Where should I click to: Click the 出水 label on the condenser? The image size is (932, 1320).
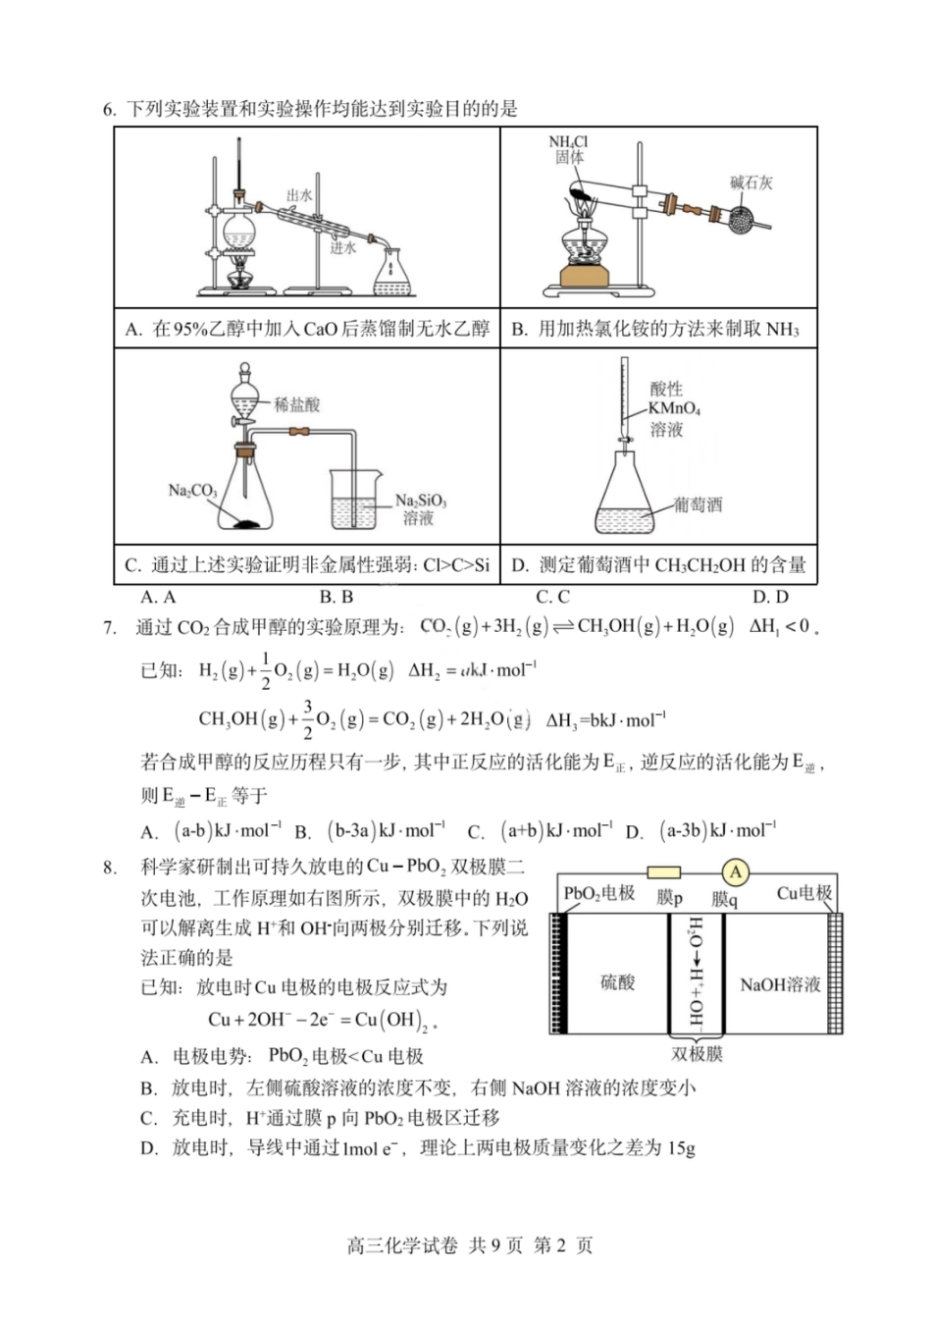coord(299,195)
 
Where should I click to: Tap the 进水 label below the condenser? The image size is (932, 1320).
coord(342,248)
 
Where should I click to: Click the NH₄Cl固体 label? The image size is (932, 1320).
coord(568,149)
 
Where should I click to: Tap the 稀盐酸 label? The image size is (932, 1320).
coord(297,404)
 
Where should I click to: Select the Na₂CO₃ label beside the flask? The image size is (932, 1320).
coord(192,490)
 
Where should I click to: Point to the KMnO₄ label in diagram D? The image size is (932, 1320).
coord(674,408)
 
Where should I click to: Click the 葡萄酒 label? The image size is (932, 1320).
coord(698,504)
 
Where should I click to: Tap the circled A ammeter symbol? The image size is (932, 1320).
coord(735,871)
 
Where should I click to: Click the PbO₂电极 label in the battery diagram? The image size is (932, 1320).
coord(598,893)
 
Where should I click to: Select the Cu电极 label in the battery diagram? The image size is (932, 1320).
coord(803,893)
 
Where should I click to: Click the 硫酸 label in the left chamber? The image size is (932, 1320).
coord(618,982)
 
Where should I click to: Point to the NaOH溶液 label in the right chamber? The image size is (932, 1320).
coord(780,983)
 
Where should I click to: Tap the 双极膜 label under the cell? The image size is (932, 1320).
coord(697,1053)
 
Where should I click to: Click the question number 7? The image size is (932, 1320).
coord(110,627)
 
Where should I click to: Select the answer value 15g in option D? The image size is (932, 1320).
coord(680,1147)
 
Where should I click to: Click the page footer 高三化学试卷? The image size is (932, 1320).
coord(402,1245)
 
